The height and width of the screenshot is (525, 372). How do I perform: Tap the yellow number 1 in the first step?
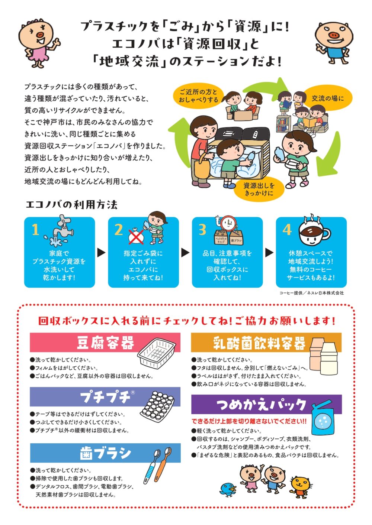[35, 229]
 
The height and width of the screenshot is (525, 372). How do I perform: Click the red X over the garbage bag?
[136, 237]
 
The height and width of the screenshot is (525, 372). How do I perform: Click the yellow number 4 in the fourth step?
[287, 229]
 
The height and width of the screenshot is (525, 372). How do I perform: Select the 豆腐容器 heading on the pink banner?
[105, 343]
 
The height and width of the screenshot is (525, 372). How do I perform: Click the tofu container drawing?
[156, 352]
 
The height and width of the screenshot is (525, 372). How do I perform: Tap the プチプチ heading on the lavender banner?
[105, 398]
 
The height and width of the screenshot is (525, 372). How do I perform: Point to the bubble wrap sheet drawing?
[157, 407]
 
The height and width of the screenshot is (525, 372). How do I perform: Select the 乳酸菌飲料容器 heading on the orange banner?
[259, 343]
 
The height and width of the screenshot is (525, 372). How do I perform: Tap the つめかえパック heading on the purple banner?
[261, 405]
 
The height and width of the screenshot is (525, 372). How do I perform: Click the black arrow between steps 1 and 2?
[102, 252]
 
